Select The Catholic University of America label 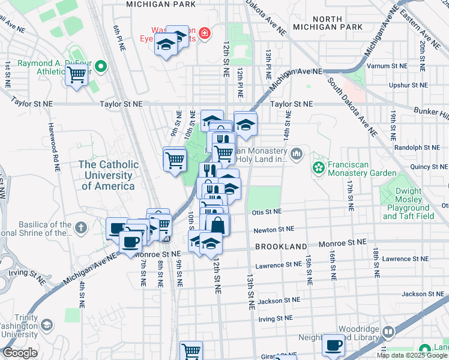tap(109, 175)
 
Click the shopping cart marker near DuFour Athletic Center tap(76, 76)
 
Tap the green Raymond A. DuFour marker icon tap(101, 66)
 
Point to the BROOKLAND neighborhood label tap(281, 247)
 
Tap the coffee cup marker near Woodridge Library tap(333, 346)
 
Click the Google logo tap(20, 353)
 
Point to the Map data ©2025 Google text tap(411, 355)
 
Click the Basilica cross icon tap(82, 228)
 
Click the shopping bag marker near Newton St tap(218, 226)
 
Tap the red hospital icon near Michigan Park tap(205, 32)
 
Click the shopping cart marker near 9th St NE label tap(175, 160)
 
